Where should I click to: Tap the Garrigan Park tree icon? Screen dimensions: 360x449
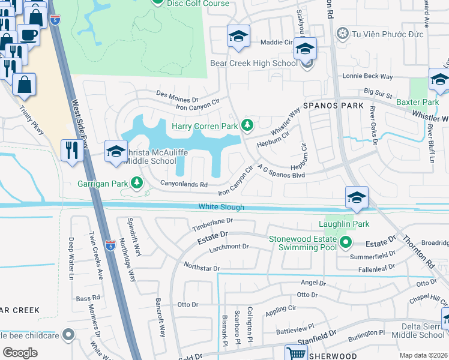(137, 181)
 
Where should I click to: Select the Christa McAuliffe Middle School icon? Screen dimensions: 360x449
(116, 151)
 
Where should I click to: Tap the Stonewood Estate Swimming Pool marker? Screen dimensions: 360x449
(346, 243)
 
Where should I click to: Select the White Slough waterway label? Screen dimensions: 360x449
(221, 207)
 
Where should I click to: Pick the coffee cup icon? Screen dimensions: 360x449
(28, 35)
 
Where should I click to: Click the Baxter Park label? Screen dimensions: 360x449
(417, 103)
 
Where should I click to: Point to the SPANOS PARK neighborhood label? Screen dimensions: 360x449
(334, 106)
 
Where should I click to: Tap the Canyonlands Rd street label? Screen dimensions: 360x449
(183, 184)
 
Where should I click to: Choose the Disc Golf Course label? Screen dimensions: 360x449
(198, 4)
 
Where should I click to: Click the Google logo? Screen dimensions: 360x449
(19, 353)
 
